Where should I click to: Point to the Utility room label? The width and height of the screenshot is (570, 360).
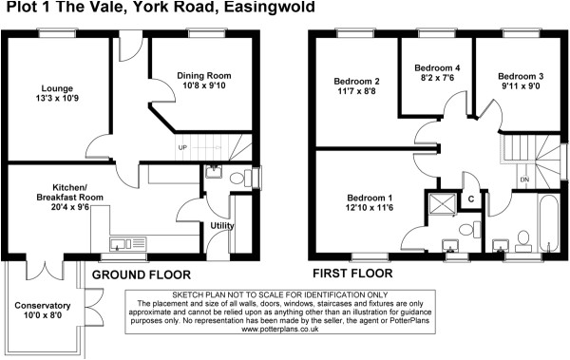(223, 225)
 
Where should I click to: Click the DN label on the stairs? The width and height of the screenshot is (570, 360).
(523, 179)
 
